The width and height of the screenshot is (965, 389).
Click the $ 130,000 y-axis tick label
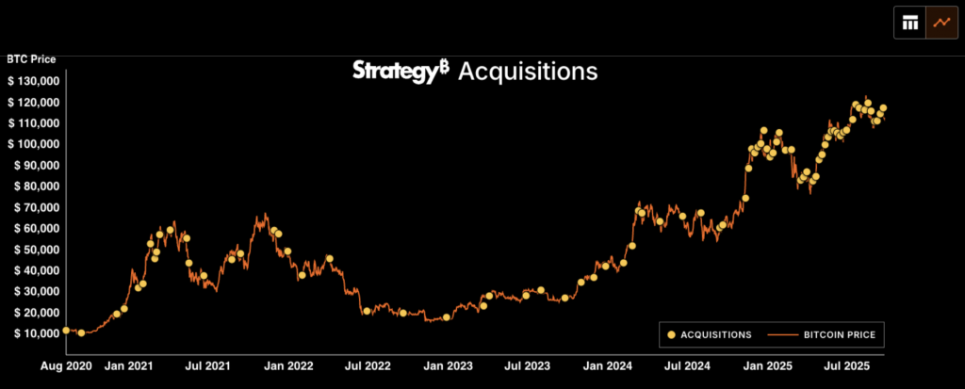(34, 81)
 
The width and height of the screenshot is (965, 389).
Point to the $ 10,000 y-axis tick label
(34, 333)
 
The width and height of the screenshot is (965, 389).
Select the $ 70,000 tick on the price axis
(34, 207)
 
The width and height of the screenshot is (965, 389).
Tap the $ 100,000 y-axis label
(34, 144)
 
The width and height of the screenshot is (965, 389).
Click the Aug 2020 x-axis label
(66, 364)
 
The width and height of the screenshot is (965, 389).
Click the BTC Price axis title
(31, 58)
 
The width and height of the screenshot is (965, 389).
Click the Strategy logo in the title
(400, 72)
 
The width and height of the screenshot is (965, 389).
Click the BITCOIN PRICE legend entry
(842, 334)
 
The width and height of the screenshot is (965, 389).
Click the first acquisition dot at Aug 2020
(66, 331)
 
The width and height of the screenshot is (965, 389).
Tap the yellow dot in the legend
(671, 334)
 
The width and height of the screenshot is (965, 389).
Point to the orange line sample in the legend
(783, 334)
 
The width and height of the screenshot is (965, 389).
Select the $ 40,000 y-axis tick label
(34, 270)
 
